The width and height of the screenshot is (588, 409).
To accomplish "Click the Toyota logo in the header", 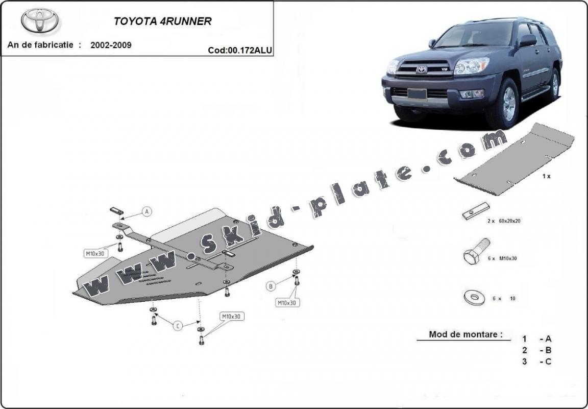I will click(39, 20).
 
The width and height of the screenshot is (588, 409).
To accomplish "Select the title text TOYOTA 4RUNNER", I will click(162, 21).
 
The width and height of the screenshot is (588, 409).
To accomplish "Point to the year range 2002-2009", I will click(111, 45).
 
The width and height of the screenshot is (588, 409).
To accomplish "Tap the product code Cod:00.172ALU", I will click(239, 50).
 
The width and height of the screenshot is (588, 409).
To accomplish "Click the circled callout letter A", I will click(146, 211).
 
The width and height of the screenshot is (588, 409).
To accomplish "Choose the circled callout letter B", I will click(271, 286).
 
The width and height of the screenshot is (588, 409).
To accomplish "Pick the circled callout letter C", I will click(178, 325).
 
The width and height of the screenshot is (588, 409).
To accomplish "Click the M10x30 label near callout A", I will click(95, 252).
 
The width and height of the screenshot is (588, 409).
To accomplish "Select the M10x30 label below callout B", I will click(287, 303).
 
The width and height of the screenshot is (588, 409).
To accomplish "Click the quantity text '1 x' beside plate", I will click(546, 176).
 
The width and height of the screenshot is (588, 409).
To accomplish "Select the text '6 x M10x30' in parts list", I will click(502, 258).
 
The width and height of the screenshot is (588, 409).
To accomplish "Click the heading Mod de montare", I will click(462, 335).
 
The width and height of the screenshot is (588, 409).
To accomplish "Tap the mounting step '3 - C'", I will click(536, 362).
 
